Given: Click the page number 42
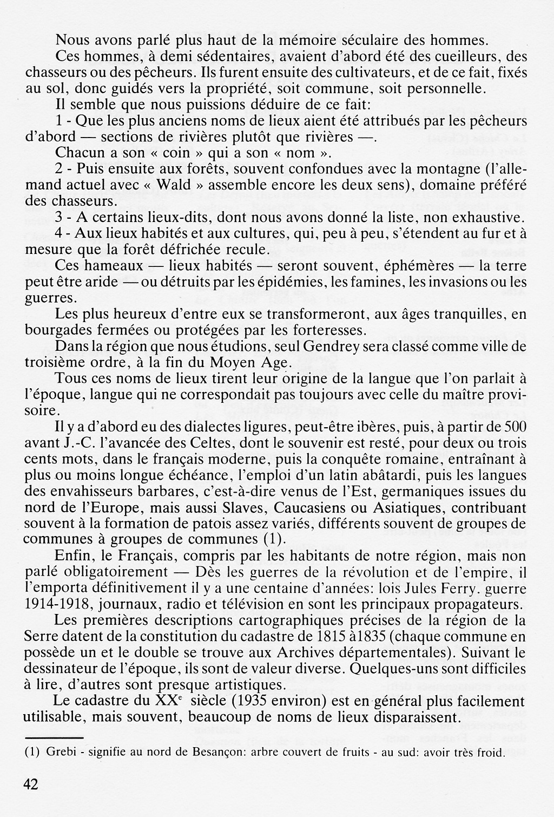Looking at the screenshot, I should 30,783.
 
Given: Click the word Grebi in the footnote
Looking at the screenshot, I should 60,752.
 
